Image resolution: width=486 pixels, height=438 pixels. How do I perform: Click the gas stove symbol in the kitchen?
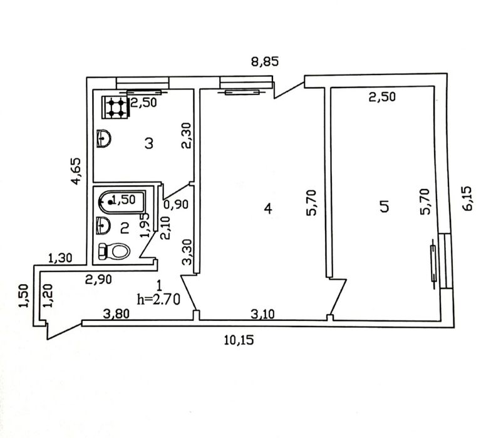pyautogui.click(x=115, y=107)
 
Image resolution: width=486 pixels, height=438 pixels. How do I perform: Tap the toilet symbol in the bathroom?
pyautogui.click(x=114, y=251)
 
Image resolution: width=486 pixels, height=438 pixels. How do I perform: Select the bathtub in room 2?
pyautogui.click(x=122, y=202)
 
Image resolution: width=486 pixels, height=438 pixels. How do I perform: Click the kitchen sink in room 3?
pyautogui.click(x=104, y=139)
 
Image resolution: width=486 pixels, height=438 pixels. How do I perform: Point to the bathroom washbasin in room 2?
pyautogui.click(x=103, y=225)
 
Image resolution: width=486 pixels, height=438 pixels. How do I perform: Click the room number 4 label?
pyautogui.click(x=268, y=208)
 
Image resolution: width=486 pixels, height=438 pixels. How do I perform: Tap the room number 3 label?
pyautogui.click(x=150, y=143)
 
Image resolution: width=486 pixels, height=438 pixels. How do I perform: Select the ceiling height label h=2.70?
pyautogui.click(x=158, y=300)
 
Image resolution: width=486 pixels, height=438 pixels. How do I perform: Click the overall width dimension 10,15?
pyautogui.click(x=239, y=340)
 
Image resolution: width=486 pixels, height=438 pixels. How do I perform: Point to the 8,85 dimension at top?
pyautogui.click(x=265, y=62)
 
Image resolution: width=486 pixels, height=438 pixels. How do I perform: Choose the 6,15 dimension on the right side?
pyautogui.click(x=467, y=198)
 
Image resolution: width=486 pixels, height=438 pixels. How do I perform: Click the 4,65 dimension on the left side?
pyautogui.click(x=76, y=171)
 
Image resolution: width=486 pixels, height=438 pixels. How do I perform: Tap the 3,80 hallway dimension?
pyautogui.click(x=116, y=314)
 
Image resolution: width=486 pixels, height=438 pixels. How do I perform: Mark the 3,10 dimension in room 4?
pyautogui.click(x=262, y=314)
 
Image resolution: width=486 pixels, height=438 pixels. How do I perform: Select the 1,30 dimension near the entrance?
pyautogui.click(x=60, y=258)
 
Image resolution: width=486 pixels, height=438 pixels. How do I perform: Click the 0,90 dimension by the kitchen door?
pyautogui.click(x=176, y=205)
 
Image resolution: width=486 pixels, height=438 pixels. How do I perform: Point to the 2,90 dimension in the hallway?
pyautogui.click(x=98, y=280)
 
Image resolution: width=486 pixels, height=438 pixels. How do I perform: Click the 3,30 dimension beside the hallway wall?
pyautogui.click(x=187, y=252)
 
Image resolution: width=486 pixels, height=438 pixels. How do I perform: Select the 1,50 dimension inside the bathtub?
pyautogui.click(x=124, y=200)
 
